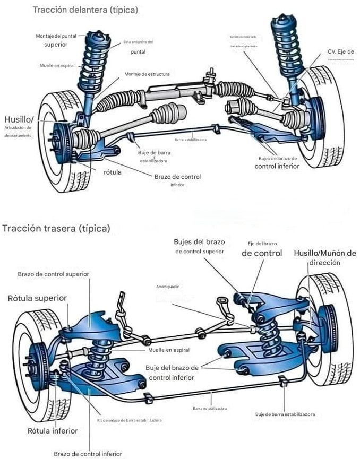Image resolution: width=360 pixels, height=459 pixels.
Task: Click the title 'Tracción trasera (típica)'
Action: pos(56,229)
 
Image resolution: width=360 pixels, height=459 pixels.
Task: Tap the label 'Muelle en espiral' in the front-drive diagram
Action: pos(58,66)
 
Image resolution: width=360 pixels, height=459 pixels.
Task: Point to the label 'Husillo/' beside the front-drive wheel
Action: pos(19,119)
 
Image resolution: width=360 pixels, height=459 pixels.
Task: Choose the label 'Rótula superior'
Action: pos(37,298)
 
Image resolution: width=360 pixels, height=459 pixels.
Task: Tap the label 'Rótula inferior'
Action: pos(53,430)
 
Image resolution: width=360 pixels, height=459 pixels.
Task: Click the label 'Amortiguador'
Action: pos(168,287)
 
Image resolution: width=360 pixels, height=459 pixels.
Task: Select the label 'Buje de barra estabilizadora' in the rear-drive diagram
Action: pos(285,414)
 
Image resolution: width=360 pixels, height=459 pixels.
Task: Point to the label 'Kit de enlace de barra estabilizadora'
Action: pos(130,420)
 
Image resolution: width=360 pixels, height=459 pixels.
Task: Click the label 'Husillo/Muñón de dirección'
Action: pos(324,257)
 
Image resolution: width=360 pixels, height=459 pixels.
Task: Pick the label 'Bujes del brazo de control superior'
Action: pos(199,246)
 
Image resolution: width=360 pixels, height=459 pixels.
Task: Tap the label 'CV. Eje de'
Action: pos(340,51)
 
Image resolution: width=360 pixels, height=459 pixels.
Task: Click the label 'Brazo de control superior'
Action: pos(53,274)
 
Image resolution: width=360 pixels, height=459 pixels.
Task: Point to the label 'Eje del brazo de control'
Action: pos(262,249)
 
